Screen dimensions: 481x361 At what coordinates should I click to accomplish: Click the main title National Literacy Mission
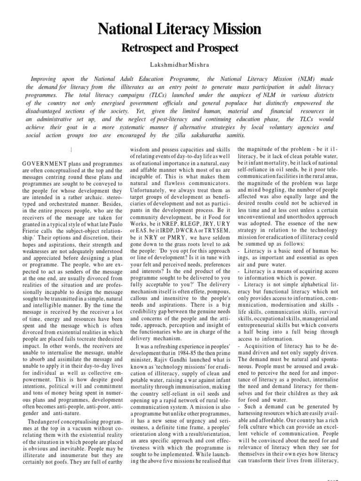click(x=180, y=30)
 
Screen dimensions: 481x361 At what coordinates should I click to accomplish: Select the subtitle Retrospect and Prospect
click(x=180, y=48)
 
